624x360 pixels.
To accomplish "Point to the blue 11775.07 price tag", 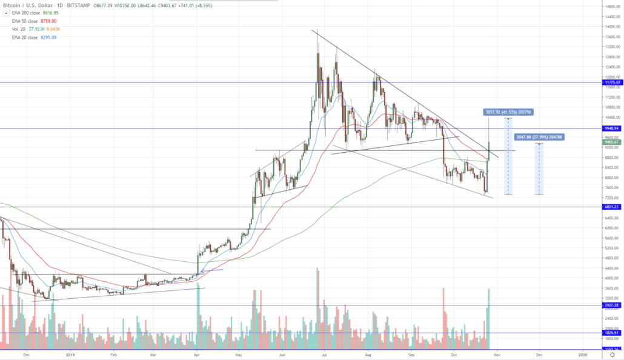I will (612, 82).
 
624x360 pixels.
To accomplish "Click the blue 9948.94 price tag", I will (612, 128).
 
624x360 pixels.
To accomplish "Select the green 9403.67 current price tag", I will (612, 143).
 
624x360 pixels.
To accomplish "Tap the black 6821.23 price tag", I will (612, 207).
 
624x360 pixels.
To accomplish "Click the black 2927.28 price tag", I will (612, 305).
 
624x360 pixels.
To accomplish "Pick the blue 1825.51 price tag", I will (612, 333).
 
